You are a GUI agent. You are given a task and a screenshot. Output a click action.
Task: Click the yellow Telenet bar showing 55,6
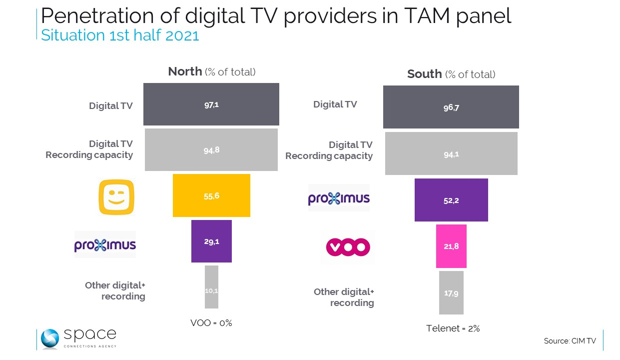click(211, 195)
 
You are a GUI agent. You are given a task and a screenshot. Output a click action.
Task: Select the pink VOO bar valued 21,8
click(451, 246)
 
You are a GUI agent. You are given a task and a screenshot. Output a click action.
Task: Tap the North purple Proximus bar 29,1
click(211, 241)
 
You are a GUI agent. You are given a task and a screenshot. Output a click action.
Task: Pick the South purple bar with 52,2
click(451, 200)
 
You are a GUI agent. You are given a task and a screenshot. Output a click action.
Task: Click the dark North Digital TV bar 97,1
click(211, 104)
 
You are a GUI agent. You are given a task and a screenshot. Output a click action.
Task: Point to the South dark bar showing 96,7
click(451, 107)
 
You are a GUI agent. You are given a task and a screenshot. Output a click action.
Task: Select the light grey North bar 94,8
click(211, 149)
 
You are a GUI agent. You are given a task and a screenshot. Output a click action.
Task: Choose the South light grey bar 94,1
click(451, 153)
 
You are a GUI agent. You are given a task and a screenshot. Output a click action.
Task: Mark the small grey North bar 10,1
click(211, 287)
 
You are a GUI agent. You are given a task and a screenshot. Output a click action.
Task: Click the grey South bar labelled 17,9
click(451, 292)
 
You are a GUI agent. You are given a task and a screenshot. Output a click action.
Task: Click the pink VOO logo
click(348, 246)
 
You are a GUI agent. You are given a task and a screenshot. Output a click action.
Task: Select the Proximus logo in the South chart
click(339, 198)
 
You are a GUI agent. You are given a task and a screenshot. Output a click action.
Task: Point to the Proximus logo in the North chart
click(105, 244)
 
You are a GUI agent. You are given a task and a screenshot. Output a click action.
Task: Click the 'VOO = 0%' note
click(211, 323)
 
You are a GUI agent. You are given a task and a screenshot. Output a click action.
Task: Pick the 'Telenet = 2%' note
click(453, 328)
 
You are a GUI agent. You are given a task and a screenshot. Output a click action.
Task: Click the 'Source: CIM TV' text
click(570, 341)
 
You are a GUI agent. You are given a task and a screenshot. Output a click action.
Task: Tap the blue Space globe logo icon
click(50, 338)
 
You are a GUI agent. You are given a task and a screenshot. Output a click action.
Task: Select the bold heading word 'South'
click(424, 74)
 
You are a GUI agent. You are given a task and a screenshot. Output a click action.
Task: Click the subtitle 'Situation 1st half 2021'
click(120, 35)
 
